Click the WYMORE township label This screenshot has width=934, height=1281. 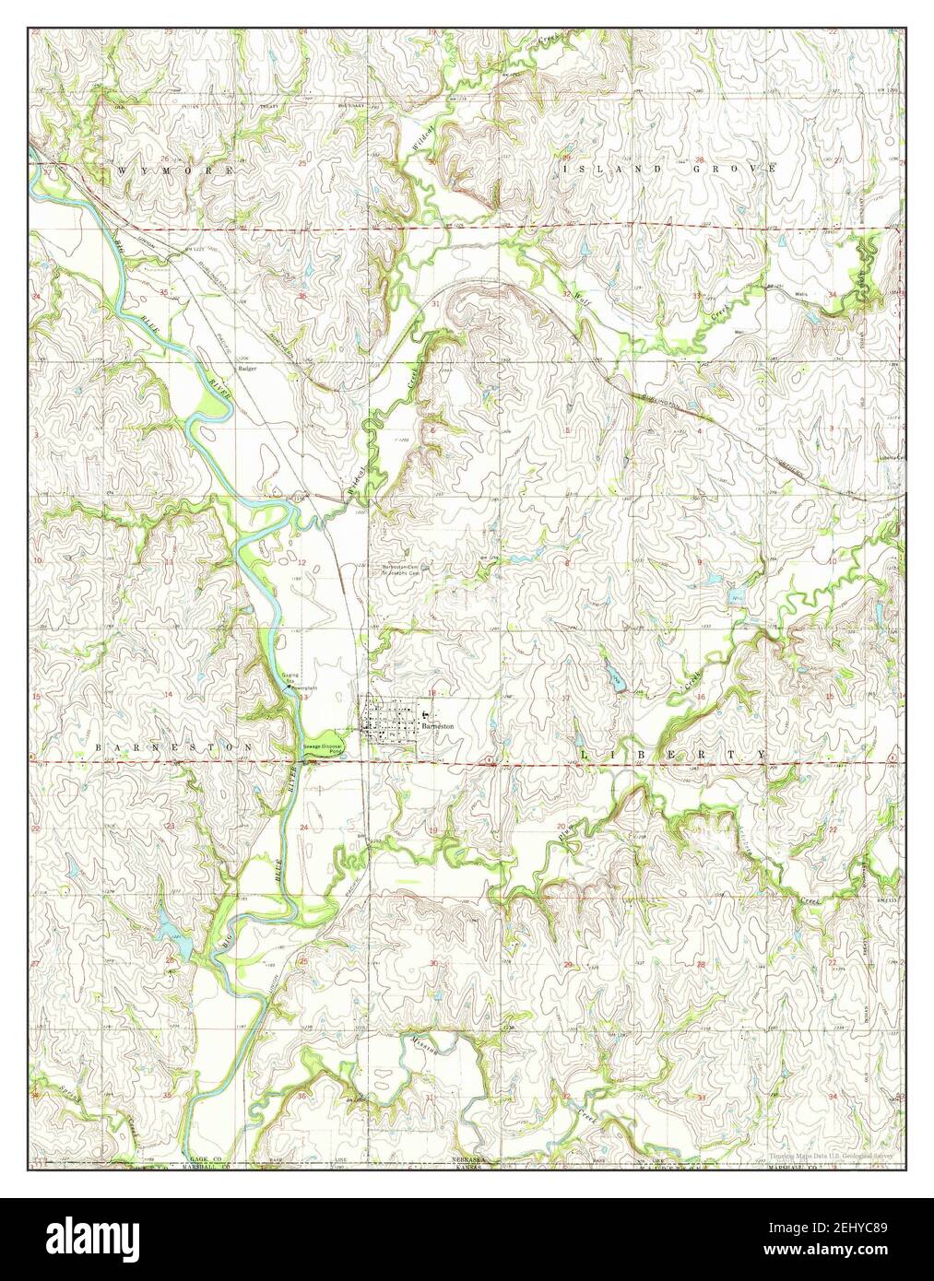coord(173,171)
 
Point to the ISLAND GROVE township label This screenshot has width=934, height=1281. coord(669,170)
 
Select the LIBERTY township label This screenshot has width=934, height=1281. coord(673,755)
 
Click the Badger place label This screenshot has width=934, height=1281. coord(246,368)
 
